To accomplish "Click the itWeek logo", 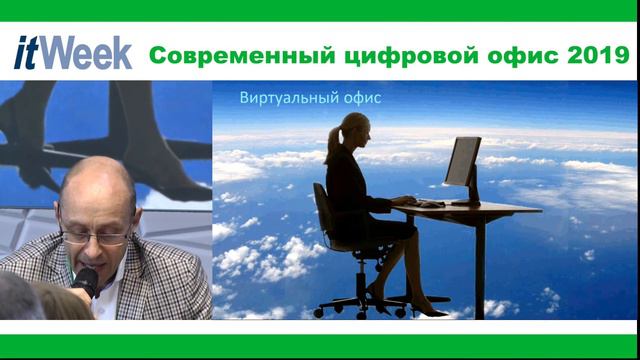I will pyautogui.click(x=73, y=52).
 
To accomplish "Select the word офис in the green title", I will pyautogui.click(x=499, y=54).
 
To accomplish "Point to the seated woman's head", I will pyautogui.click(x=355, y=130).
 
